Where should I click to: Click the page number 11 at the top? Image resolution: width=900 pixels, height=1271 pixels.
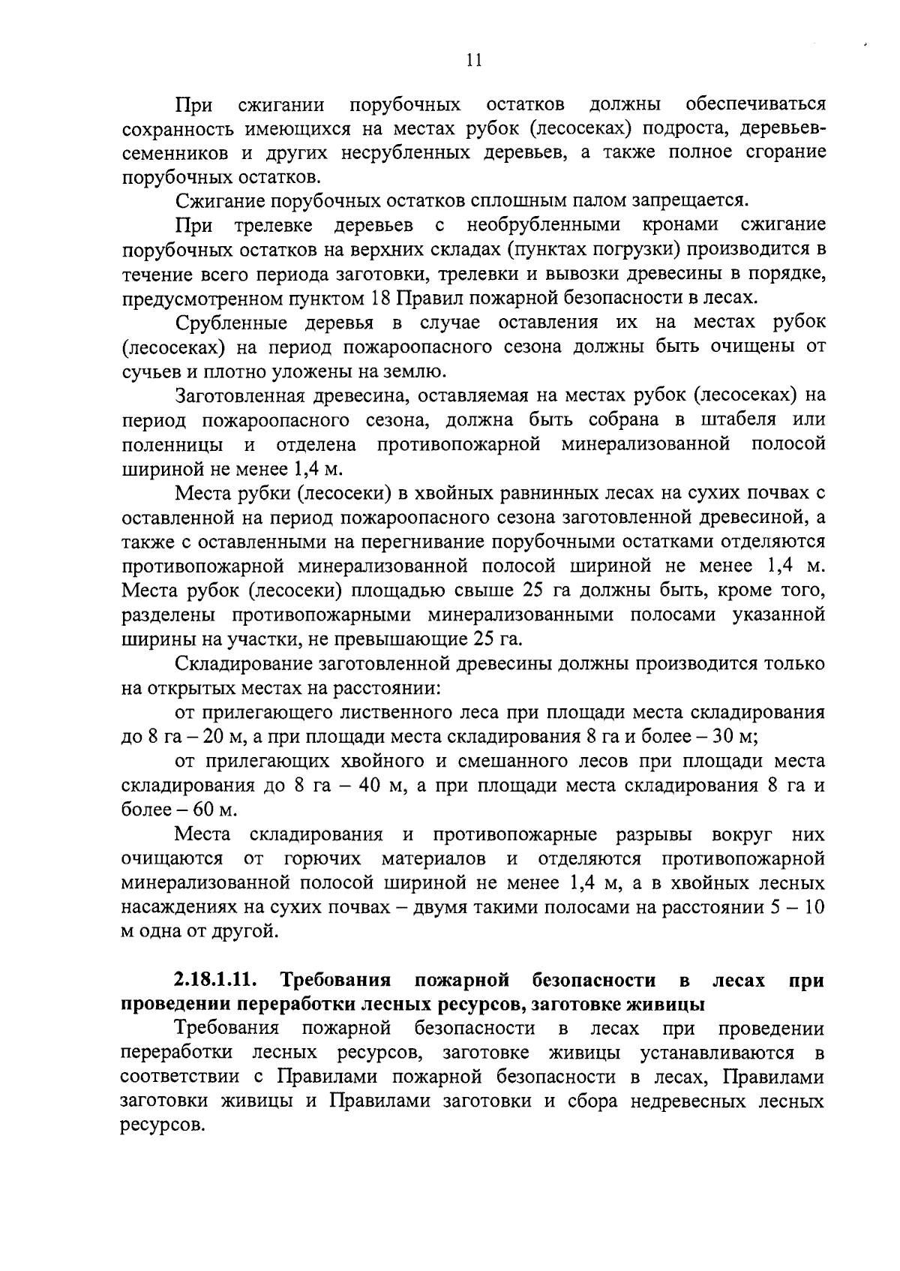coord(472,61)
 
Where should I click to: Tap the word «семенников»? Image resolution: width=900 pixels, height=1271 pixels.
coord(174,152)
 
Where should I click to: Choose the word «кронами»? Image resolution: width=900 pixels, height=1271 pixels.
coord(680,225)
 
